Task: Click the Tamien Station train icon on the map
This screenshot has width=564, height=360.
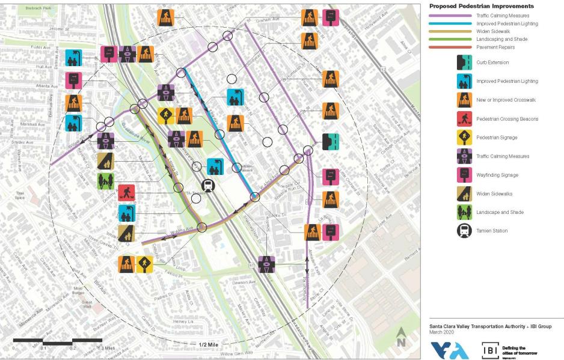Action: coord(208,185)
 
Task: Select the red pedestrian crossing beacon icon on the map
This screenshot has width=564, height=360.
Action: coord(127,193)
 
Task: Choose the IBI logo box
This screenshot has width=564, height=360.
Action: coord(489,350)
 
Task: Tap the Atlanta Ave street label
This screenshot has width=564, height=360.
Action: coord(46,86)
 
